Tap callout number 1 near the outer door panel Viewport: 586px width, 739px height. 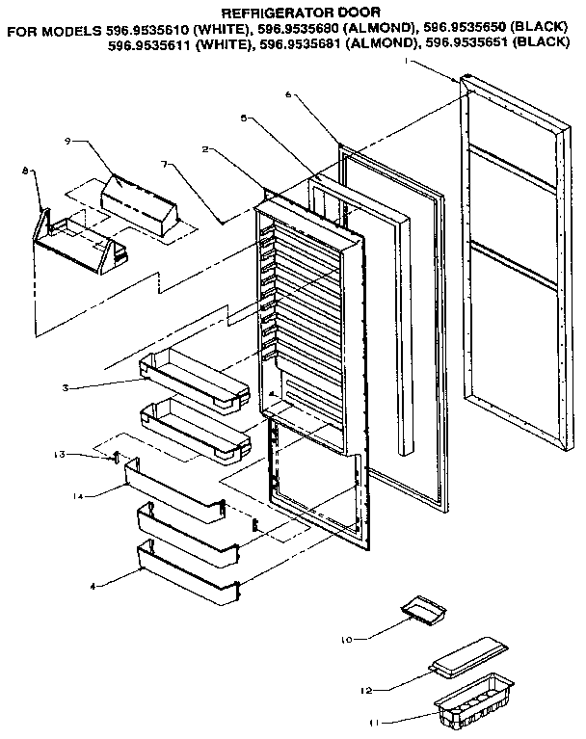pyautogui.click(x=410, y=61)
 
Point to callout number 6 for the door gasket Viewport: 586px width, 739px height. pyautogui.click(x=288, y=94)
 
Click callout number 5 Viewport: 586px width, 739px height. pyautogui.click(x=245, y=117)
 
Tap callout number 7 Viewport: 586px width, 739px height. pyautogui.click(x=167, y=165)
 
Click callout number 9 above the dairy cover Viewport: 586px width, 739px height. pyautogui.click(x=69, y=141)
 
